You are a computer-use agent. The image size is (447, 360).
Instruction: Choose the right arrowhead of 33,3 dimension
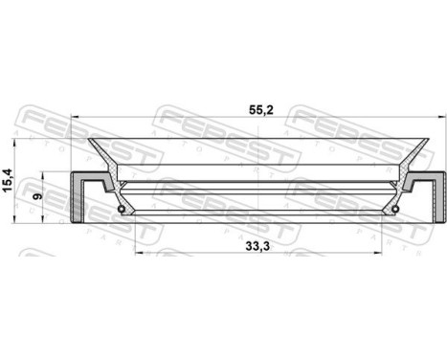pyautogui.click(x=381, y=254)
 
